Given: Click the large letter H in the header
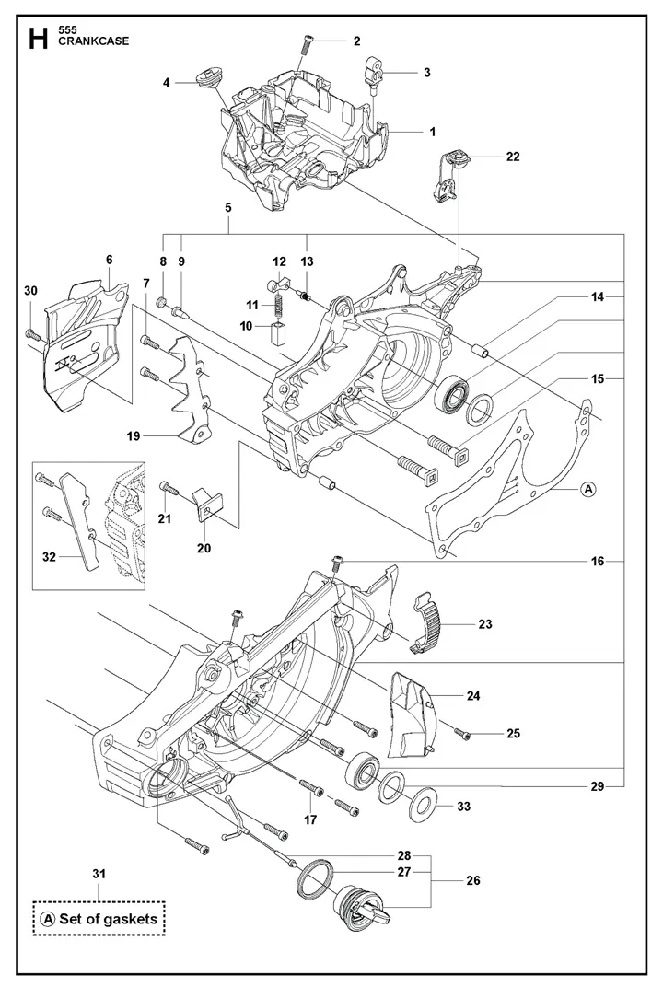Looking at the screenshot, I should [38, 40].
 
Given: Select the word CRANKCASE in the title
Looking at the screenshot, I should [92, 42].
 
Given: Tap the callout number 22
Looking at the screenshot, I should [513, 157].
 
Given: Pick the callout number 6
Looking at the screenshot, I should [109, 261].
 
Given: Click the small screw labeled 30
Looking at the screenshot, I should [31, 332].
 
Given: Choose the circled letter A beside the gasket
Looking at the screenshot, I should [588, 489].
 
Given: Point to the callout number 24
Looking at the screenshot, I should [472, 696].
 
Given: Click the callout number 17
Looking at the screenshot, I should [310, 819].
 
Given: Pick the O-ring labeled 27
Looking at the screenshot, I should [313, 879].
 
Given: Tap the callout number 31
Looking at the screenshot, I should [99, 873].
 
